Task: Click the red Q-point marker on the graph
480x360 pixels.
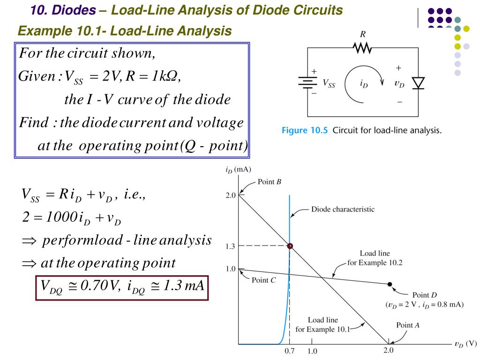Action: (290, 246)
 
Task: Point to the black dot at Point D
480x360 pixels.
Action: (390, 284)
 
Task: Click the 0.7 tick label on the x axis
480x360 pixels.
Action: (290, 351)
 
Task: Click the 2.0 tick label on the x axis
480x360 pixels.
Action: (389, 351)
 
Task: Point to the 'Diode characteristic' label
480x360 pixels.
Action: (343, 209)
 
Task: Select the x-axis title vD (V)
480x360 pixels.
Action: (465, 343)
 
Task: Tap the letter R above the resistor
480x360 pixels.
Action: (361, 34)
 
